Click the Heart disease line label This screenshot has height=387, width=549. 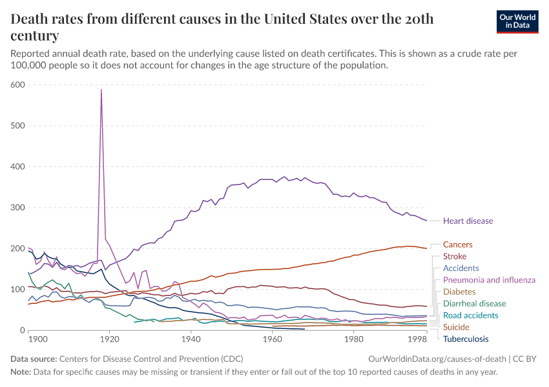click(x=468, y=221)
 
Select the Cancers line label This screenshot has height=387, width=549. click(x=457, y=245)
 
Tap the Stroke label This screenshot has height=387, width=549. click(x=455, y=257)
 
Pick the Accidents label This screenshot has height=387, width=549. click(x=461, y=268)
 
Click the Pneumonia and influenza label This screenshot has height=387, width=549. click(x=489, y=280)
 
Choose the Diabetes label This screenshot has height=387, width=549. click(x=460, y=292)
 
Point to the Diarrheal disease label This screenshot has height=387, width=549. click(x=474, y=303)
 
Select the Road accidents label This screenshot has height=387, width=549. click(x=470, y=315)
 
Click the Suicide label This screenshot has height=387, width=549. click(x=456, y=327)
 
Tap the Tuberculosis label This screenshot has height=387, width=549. click(x=466, y=339)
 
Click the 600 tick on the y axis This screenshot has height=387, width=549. click(x=17, y=84)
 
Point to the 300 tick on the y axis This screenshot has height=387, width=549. click(x=17, y=208)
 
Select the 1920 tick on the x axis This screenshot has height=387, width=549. click(x=109, y=339)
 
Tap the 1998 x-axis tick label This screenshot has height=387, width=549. click(x=418, y=339)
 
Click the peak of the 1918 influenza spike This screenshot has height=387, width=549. click(x=101, y=90)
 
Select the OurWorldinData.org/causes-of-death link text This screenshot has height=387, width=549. click(x=435, y=358)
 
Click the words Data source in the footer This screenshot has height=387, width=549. click(x=34, y=358)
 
